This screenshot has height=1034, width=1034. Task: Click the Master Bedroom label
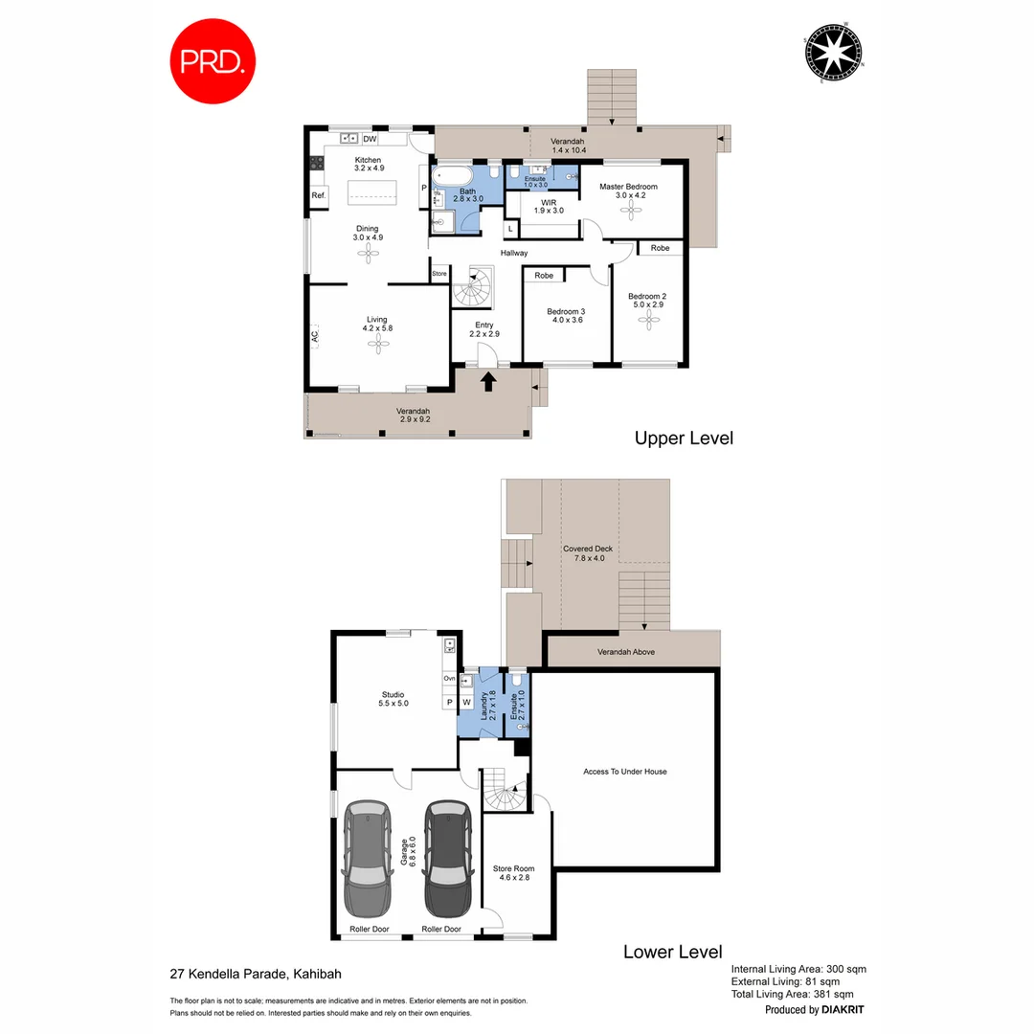click(x=628, y=187)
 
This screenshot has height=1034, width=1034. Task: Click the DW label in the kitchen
click(x=369, y=139)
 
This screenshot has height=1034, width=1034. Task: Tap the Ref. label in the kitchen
click(x=319, y=195)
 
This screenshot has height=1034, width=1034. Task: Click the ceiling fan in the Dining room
click(x=369, y=253)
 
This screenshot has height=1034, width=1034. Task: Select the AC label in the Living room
click(x=314, y=336)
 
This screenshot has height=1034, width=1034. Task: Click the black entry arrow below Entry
click(x=488, y=381)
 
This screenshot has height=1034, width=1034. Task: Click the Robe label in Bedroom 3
click(x=544, y=276)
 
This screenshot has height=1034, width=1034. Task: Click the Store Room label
click(x=513, y=872)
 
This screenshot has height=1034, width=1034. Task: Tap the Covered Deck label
click(x=588, y=553)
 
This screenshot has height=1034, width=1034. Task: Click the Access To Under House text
click(x=625, y=772)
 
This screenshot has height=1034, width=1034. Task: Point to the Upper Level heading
click(x=684, y=438)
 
